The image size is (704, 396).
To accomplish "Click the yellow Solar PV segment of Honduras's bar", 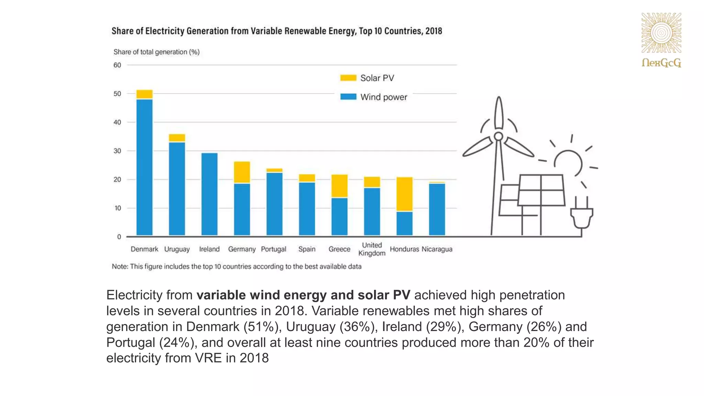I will tap(405, 194).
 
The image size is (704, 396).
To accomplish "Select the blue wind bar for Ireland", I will tap(209, 194).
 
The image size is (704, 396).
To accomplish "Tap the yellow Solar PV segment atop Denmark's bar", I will tap(144, 94).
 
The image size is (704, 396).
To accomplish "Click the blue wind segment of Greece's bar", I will tap(340, 217).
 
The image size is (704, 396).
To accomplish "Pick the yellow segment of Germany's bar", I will tap(242, 172).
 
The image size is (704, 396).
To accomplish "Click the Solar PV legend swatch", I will tap(348, 78).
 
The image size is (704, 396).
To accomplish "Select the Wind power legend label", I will tap(384, 97).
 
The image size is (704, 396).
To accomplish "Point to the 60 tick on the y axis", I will tap(117, 65).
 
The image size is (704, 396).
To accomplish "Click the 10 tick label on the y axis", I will tap(117, 208).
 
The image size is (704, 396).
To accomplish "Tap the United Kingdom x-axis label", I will tap(372, 249).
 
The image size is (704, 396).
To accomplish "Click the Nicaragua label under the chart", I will tap(437, 249).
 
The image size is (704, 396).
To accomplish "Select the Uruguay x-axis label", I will tap(177, 249).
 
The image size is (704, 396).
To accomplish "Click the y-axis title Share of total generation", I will tap(156, 52).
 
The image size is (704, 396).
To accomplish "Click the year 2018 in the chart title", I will tap(433, 31).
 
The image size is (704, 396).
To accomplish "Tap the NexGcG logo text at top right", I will tap(661, 63).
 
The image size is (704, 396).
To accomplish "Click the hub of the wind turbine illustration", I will tap(498, 136).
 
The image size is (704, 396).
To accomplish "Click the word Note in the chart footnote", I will tap(119, 267).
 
